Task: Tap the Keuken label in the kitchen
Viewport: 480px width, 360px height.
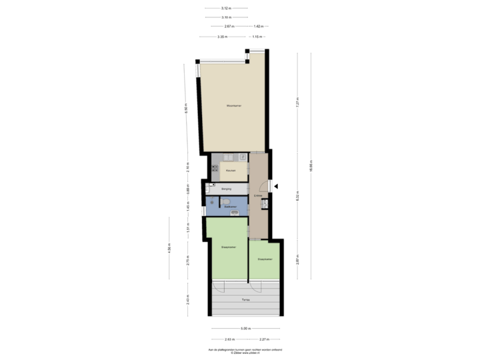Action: tap(230, 171)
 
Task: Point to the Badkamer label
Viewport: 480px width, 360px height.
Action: tap(231, 207)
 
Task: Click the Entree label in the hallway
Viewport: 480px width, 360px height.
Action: tap(258, 195)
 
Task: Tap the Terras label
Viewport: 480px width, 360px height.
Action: tap(245, 301)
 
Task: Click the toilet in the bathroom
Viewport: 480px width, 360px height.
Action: tap(226, 201)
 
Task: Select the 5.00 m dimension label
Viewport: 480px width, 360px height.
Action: tap(245, 328)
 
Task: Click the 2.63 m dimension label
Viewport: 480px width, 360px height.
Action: tap(229, 339)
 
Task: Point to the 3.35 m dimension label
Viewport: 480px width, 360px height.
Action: tap(222, 37)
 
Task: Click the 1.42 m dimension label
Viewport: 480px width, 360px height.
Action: tap(257, 26)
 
